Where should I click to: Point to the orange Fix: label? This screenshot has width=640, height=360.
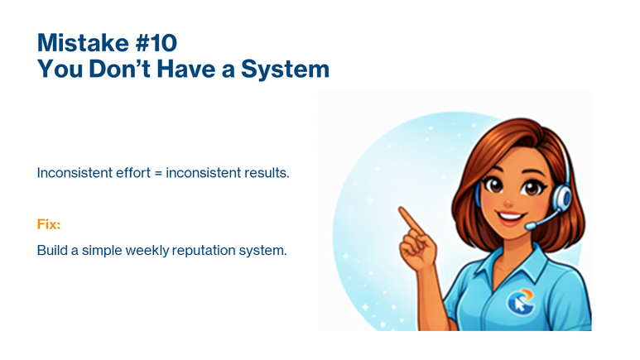click(x=49, y=224)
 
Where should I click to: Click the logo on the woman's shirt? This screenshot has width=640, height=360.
click(x=520, y=300)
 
